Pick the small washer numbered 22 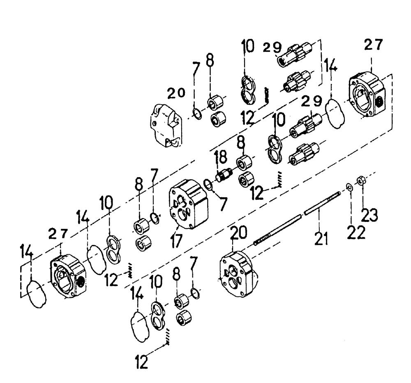(349, 187)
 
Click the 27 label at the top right (372, 45)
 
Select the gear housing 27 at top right (367, 95)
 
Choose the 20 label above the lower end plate (239, 234)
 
